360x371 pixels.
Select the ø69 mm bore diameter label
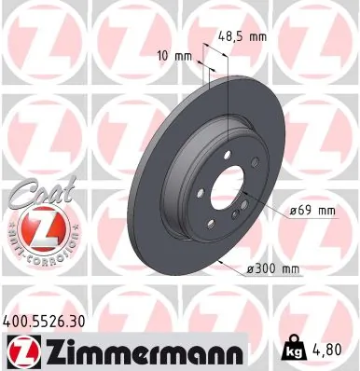[311, 211]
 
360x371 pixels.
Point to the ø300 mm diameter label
[271, 270]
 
